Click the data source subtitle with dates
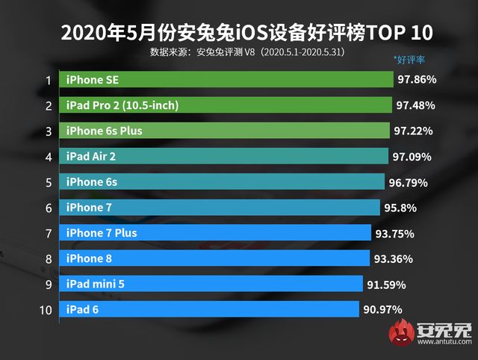click(246, 52)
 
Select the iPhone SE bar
click(228, 79)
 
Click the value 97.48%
click(415, 105)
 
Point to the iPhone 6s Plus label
click(104, 131)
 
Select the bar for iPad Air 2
click(225, 156)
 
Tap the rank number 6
click(48, 208)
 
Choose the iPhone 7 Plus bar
click(217, 233)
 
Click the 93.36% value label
click(394, 259)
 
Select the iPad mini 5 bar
click(213, 284)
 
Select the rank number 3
click(48, 131)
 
